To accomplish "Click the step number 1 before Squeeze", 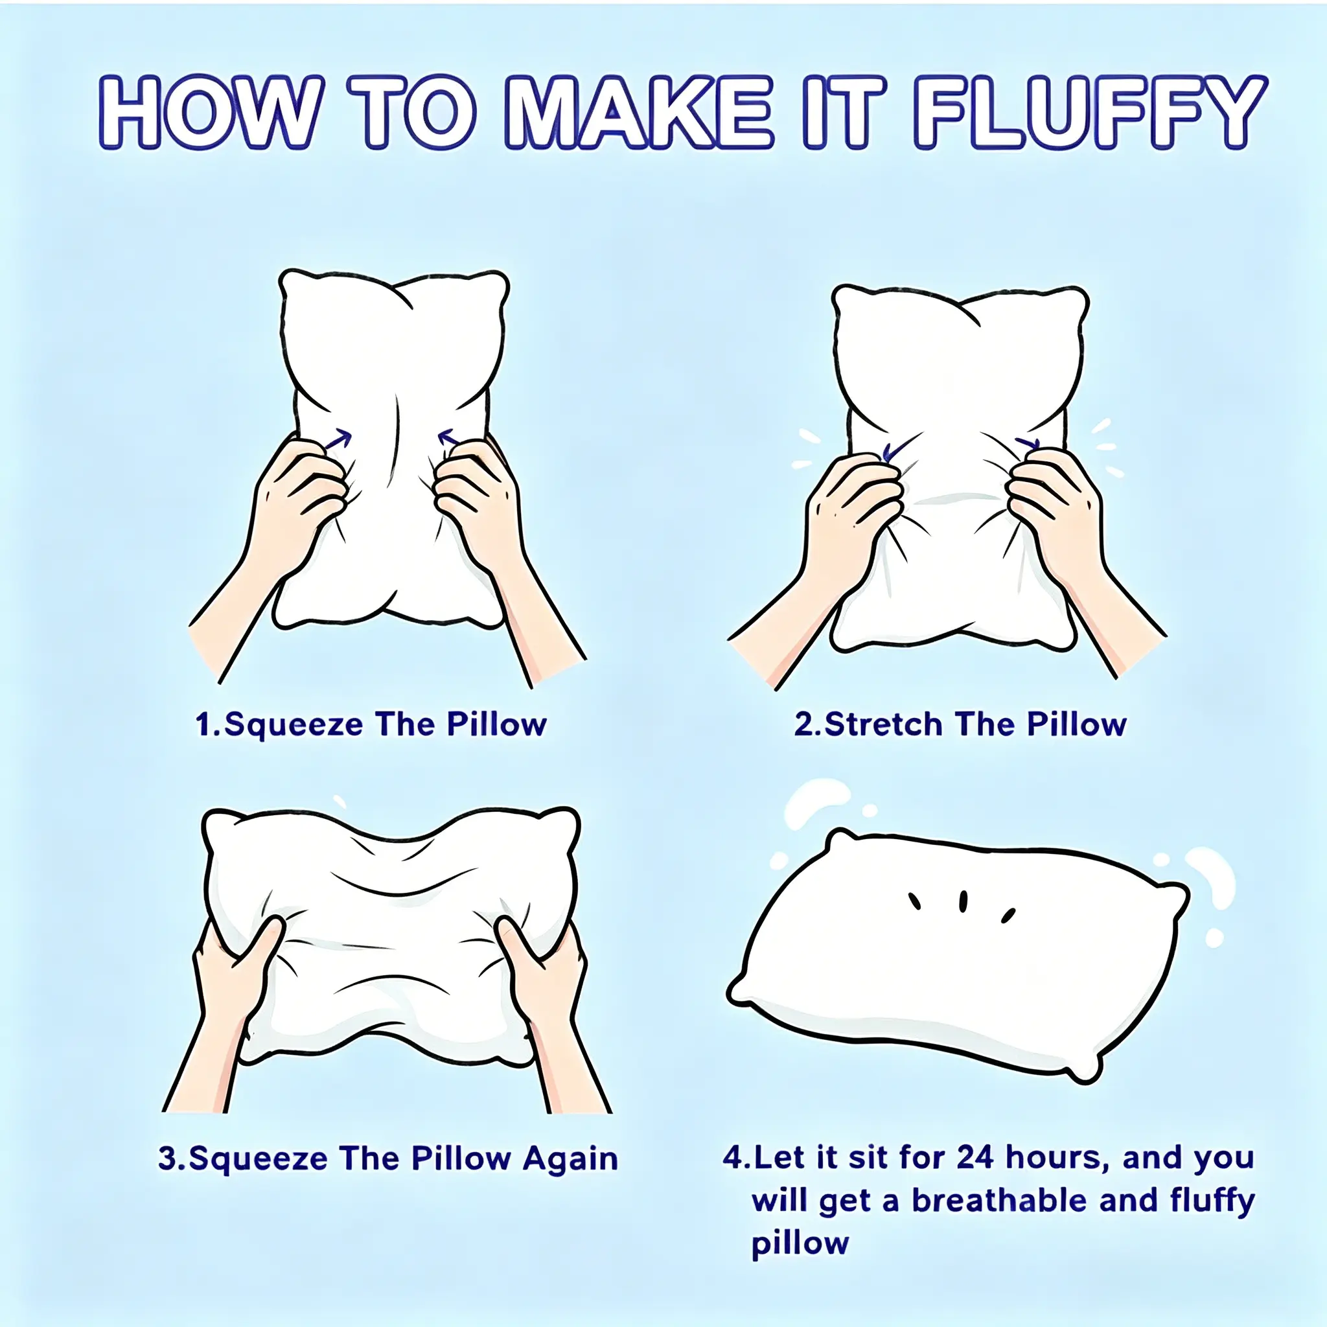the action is (204, 724).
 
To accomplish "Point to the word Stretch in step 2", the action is (883, 724).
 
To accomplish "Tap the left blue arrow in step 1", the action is (339, 439).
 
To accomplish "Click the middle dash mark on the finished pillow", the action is (963, 901).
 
